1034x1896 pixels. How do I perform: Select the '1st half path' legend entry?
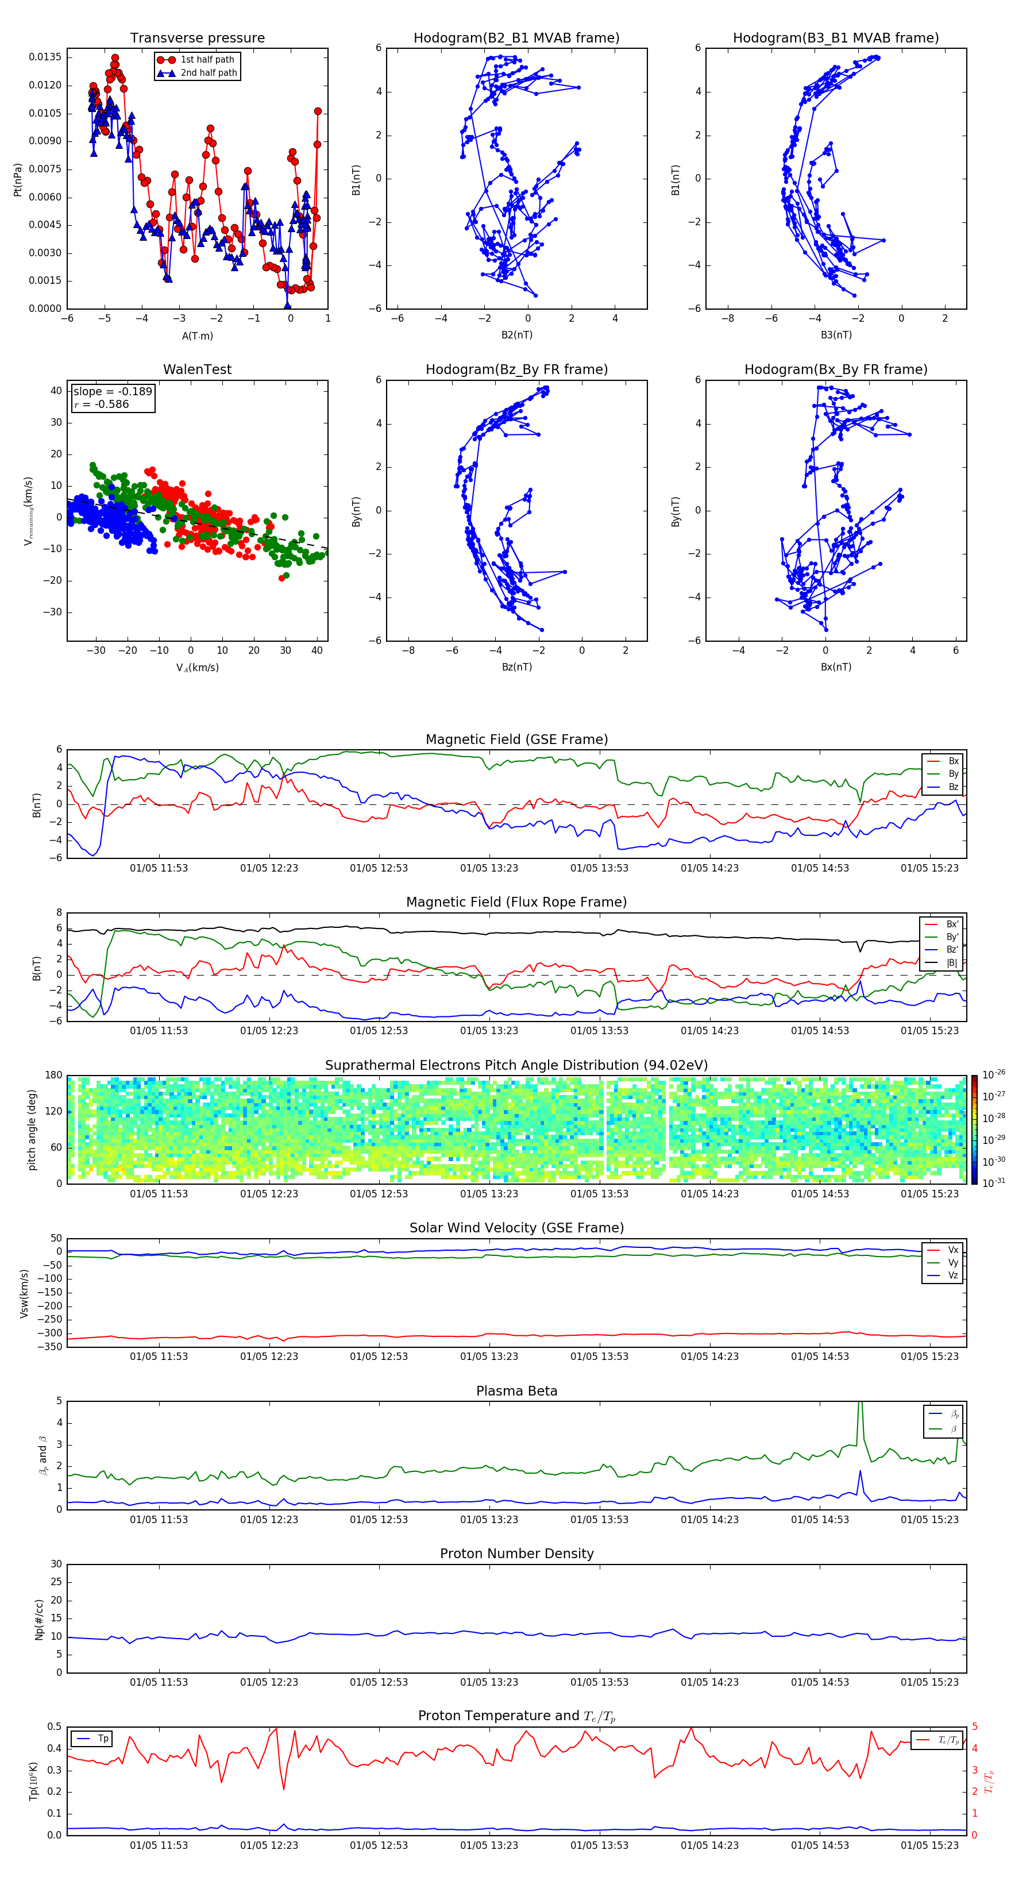point(207,60)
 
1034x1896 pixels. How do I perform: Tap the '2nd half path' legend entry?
point(209,73)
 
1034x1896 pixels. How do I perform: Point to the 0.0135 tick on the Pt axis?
point(45,57)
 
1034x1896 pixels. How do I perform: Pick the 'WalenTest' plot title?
point(197,369)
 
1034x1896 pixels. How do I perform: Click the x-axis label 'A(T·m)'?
point(197,336)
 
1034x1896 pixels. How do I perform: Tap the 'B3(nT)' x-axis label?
point(836,335)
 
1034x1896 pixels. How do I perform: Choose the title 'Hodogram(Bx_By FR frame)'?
point(835,369)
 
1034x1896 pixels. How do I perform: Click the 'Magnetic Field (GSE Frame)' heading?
point(516,739)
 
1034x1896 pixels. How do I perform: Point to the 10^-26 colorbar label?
point(994,1074)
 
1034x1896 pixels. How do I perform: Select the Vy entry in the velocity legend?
point(952,1262)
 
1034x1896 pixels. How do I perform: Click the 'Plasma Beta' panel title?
point(516,1391)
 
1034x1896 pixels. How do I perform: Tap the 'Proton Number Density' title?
point(516,1554)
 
